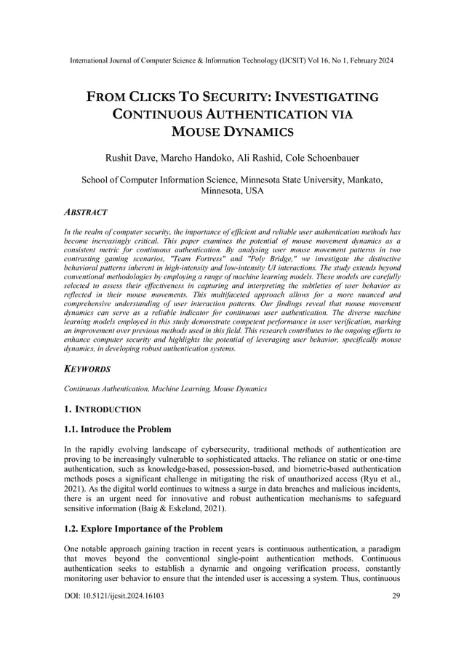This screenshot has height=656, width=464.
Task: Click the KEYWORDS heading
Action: [87, 369]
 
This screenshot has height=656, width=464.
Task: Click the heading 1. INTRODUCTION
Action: [103, 409]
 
